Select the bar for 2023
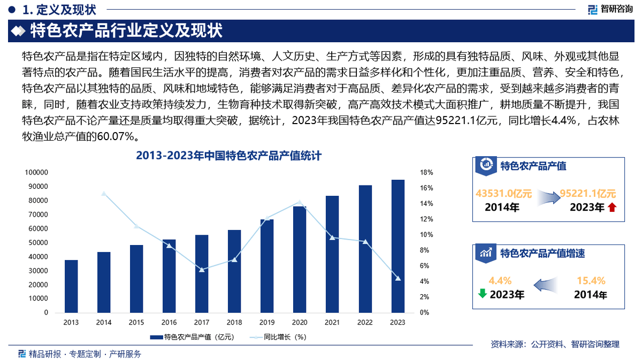[398, 246]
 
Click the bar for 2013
[71, 286]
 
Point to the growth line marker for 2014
[104, 194]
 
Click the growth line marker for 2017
[202, 270]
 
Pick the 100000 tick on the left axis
[37, 173]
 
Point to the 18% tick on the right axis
[426, 173]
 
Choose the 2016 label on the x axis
[169, 322]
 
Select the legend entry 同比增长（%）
[278, 337]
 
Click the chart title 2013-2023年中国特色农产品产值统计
[228, 156]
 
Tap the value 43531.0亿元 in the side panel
[503, 194]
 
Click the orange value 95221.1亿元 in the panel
[587, 194]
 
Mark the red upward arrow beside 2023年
[612, 208]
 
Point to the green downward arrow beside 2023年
[482, 293]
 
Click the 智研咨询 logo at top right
[609, 9]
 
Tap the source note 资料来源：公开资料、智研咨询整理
[555, 344]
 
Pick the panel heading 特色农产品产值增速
[542, 253]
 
